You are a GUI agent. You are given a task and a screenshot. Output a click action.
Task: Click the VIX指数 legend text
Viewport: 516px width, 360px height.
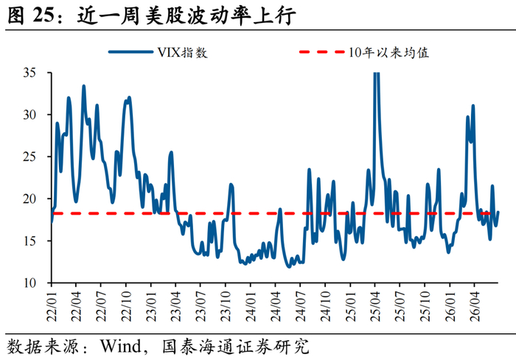pyautogui.click(x=183, y=52)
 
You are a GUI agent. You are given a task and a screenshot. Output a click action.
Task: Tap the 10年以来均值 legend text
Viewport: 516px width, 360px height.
pyautogui.click(x=389, y=52)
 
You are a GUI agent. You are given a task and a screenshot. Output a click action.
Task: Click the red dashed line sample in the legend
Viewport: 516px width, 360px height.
pyautogui.click(x=321, y=52)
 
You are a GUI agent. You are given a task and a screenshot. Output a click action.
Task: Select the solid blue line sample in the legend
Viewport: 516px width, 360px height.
pyautogui.click(x=131, y=52)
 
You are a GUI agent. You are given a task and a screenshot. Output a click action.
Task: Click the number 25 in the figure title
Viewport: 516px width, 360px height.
pyautogui.click(x=43, y=15)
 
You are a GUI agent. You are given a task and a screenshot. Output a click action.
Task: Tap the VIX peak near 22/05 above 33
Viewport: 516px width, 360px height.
pyautogui.click(x=83, y=86)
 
